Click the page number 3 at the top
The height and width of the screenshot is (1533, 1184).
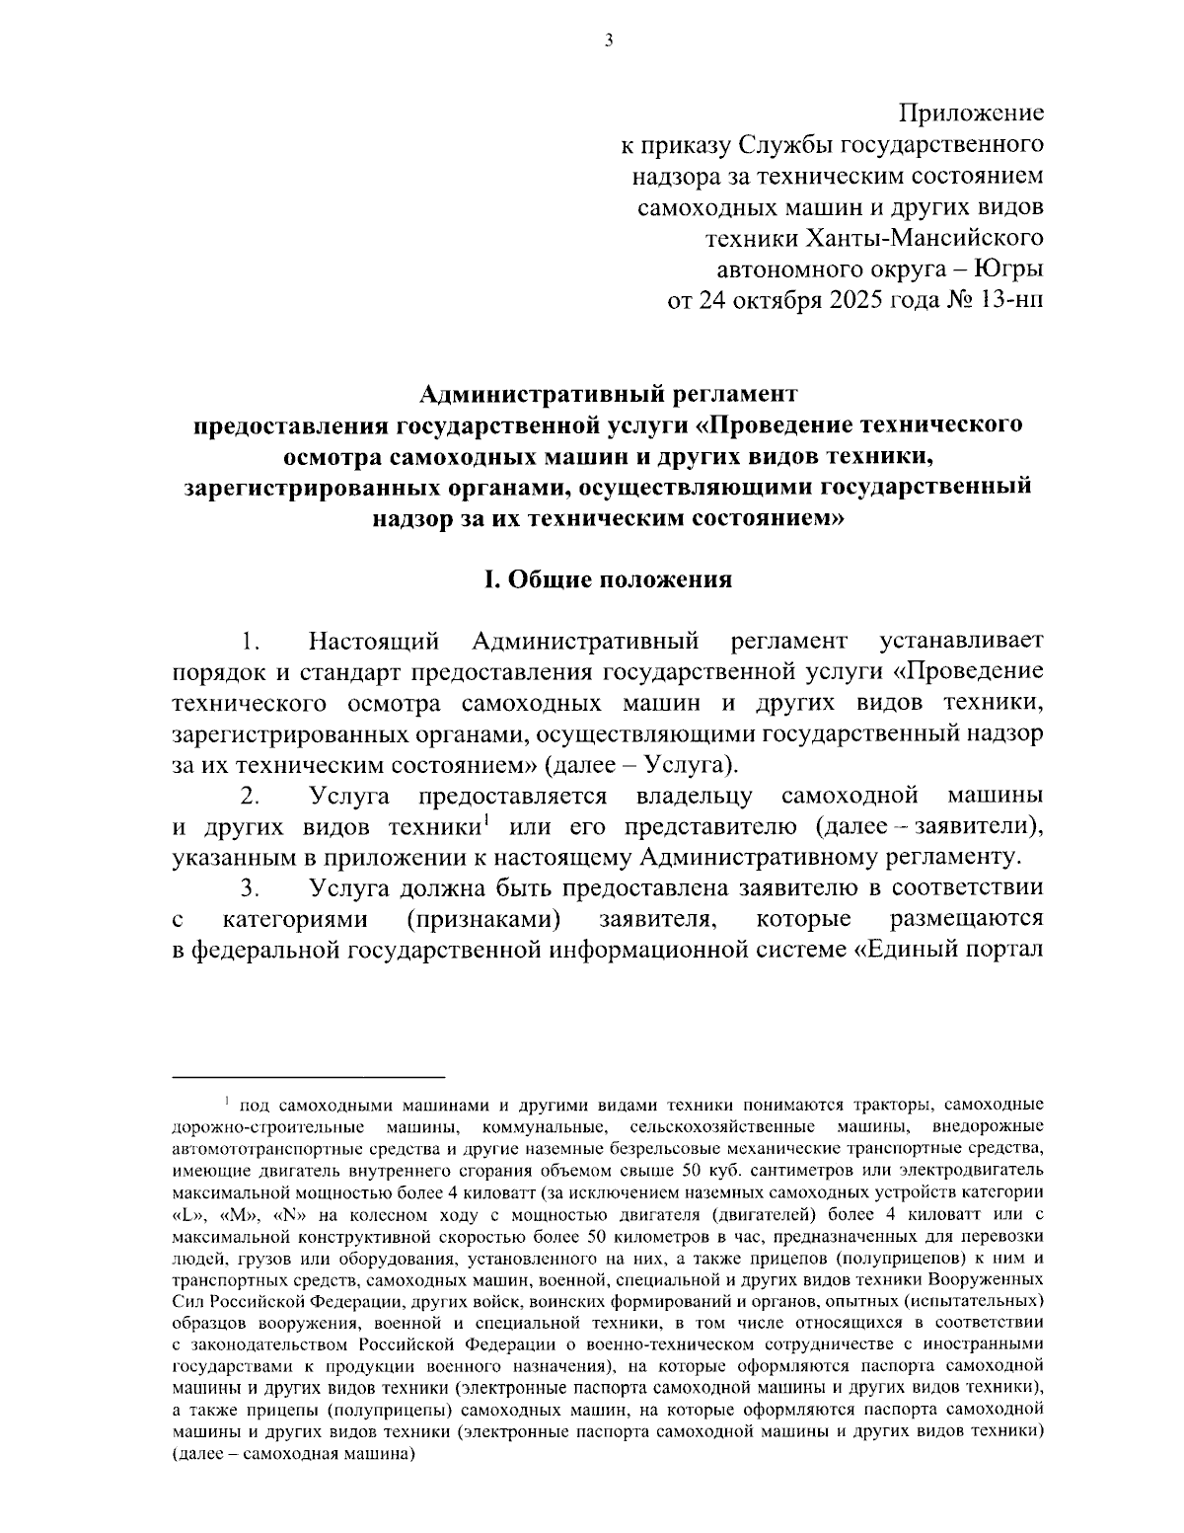(608, 40)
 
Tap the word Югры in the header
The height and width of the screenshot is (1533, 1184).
(1008, 269)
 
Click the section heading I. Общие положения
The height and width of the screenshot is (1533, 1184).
(607, 579)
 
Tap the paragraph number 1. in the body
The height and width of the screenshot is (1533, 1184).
(249, 643)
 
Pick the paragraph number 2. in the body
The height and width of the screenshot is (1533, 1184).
(249, 796)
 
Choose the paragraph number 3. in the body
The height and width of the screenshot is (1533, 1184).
(249, 888)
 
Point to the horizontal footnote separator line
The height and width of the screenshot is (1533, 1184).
(308, 1075)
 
